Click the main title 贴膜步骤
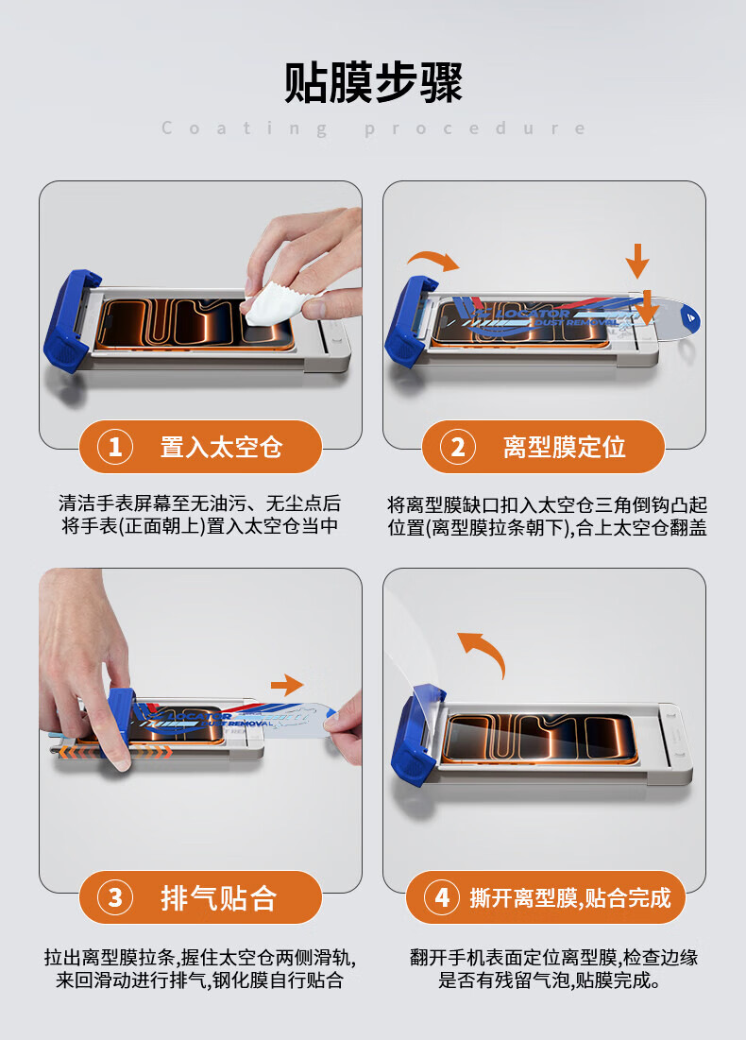[373, 82]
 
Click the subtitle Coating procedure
[374, 128]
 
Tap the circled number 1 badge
[115, 447]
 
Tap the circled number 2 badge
[458, 447]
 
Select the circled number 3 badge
[115, 898]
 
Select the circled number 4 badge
[442, 898]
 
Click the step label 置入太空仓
[222, 447]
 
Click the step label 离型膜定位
[565, 447]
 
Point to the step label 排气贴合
[218, 898]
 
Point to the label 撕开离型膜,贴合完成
[570, 898]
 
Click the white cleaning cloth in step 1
[274, 304]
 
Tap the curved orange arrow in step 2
[432, 260]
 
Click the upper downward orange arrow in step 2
[637, 260]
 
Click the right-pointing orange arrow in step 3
[287, 685]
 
